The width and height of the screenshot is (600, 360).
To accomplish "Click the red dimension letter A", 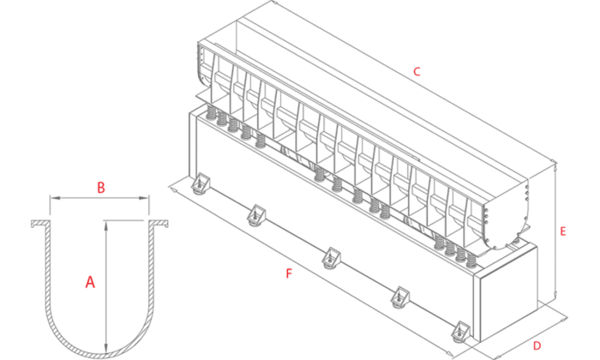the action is (x=90, y=282).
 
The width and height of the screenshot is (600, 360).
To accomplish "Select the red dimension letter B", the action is (x=100, y=188).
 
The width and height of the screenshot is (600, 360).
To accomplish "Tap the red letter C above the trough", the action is (x=417, y=71).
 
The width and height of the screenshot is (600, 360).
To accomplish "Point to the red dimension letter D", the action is (x=537, y=345).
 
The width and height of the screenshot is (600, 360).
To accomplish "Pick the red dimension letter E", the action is (x=563, y=231).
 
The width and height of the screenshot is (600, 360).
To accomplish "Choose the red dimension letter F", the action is (x=290, y=273).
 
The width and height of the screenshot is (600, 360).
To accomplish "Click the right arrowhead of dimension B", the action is (x=144, y=198).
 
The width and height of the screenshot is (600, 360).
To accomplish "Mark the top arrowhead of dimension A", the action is (x=106, y=225).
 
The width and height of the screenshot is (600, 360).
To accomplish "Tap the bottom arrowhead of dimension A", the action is (x=106, y=347).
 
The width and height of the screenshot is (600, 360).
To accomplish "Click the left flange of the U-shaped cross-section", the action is (x=40, y=224).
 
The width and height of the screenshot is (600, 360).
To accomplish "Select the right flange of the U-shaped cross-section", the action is (x=159, y=224).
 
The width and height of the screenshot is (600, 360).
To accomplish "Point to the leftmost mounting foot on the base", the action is (x=201, y=183).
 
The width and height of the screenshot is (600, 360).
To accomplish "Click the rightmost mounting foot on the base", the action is (x=460, y=332).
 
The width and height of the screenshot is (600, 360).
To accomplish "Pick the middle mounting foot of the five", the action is (x=332, y=258).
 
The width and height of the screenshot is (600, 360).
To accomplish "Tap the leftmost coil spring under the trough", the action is (x=211, y=113).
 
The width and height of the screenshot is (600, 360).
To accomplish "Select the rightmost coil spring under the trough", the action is (x=471, y=260).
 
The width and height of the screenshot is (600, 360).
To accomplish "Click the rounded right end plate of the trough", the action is (x=505, y=214).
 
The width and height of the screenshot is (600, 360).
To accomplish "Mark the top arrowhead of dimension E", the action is (x=555, y=167).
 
